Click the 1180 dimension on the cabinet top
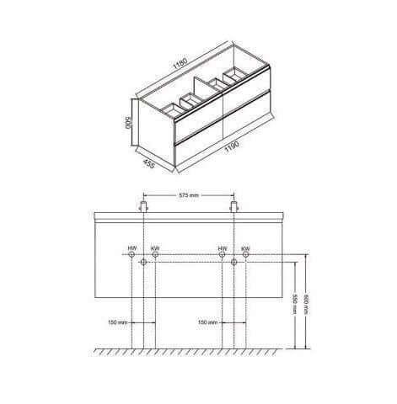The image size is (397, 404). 180,63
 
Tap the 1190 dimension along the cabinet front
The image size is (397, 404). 232,146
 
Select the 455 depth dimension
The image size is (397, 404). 148,163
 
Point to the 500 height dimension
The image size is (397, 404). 128,122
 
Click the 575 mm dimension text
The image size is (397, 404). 189,195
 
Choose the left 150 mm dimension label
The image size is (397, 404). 118,322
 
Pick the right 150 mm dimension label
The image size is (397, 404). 208,322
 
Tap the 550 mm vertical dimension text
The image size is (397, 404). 294,304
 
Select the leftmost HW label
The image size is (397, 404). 132,248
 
